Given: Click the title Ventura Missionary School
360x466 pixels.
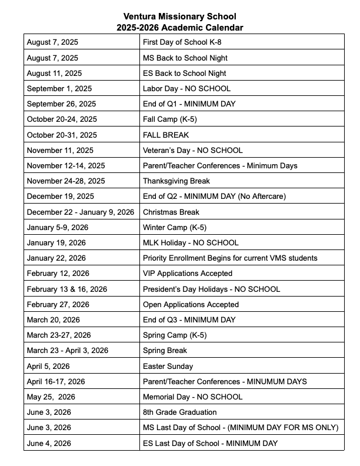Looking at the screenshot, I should [180, 17].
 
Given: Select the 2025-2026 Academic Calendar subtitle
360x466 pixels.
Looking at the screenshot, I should [180, 28].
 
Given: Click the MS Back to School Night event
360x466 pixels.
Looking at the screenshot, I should [185, 58].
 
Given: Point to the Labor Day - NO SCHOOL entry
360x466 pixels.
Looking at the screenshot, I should [186, 89].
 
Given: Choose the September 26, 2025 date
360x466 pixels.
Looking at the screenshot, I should [61, 104].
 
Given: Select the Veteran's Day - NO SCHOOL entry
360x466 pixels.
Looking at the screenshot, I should [192, 150].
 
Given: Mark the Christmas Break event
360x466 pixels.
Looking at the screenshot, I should [171, 212].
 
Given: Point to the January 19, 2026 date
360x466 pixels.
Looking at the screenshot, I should [56, 242].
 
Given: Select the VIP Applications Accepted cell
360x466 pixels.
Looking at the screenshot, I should [187, 273].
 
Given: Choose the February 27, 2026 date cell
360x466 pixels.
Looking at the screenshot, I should [58, 304].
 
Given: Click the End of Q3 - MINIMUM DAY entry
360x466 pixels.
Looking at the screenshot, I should [189, 319].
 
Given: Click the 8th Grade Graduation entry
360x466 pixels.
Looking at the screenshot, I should [179, 412].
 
